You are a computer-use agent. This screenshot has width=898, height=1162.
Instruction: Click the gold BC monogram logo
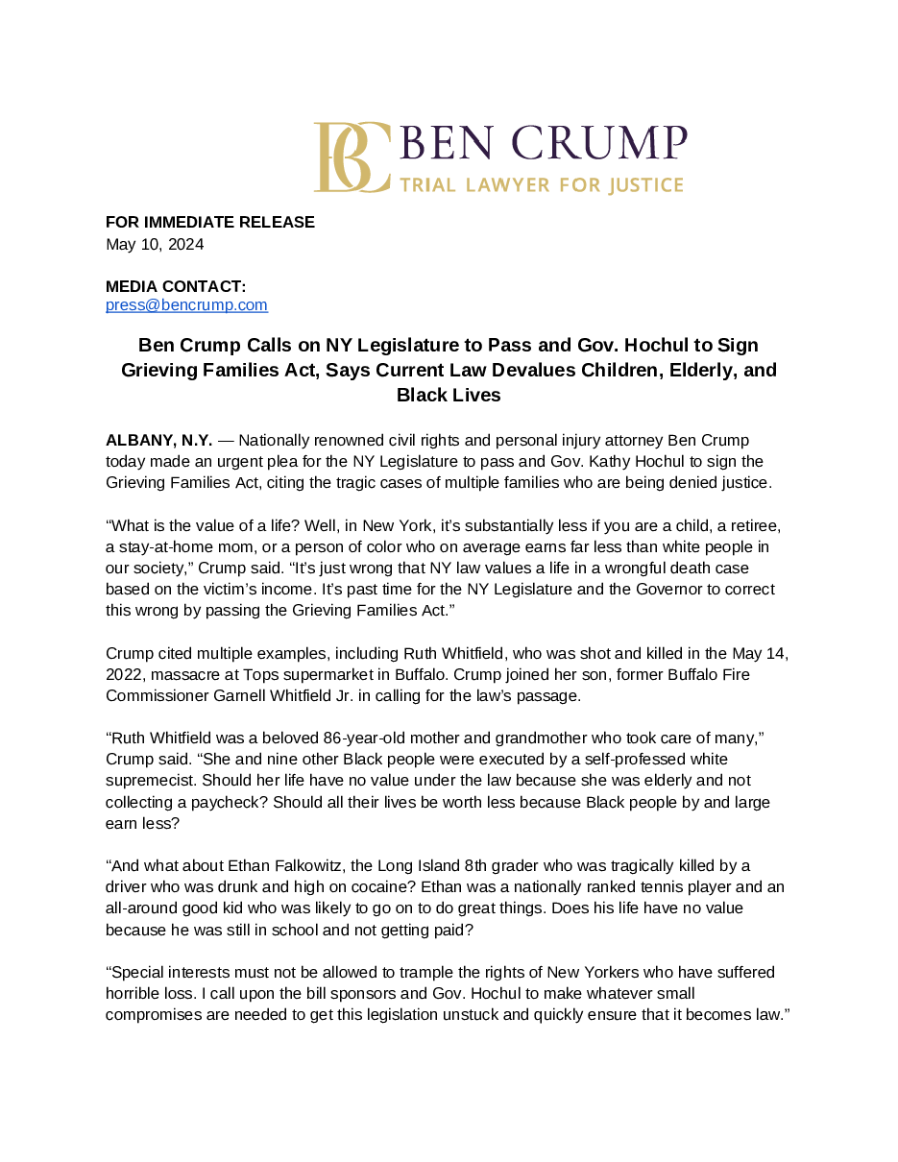click(352, 157)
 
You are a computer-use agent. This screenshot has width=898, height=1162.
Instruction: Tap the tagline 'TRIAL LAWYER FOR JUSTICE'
click(541, 184)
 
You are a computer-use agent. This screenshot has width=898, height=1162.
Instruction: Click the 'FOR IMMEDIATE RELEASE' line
click(210, 222)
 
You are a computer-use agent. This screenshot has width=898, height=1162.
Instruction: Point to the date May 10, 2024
click(155, 244)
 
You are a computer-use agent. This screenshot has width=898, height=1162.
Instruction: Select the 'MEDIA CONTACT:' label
click(176, 286)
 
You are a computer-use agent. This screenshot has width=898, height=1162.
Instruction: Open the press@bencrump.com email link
click(186, 305)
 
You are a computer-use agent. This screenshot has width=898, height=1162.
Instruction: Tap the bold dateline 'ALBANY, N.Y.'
click(158, 440)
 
